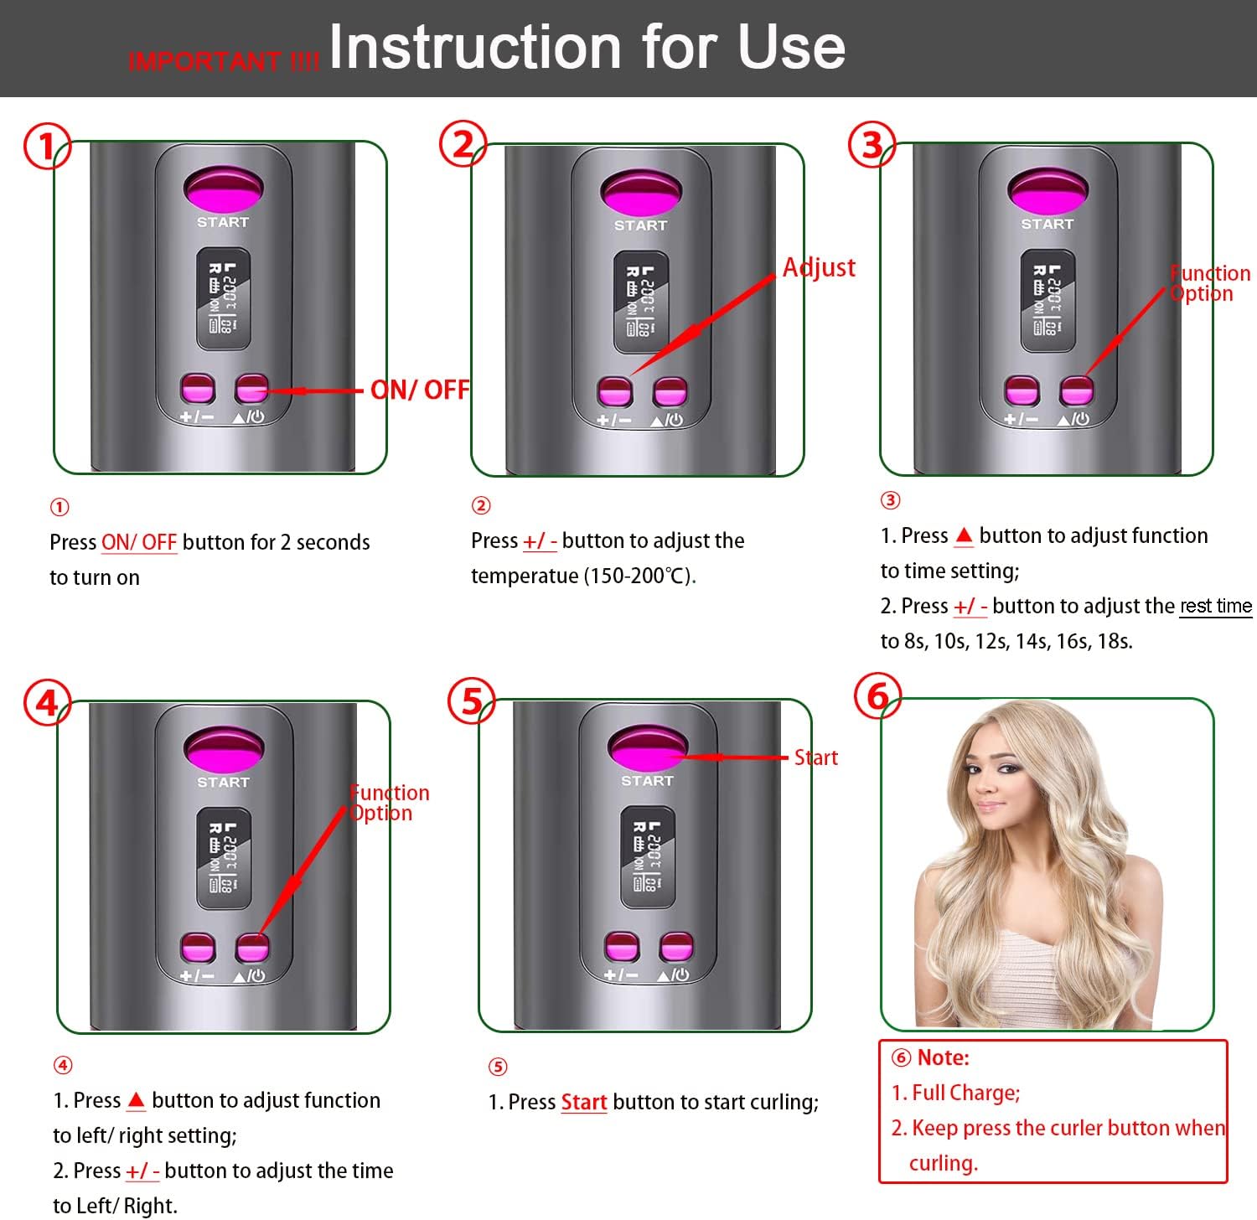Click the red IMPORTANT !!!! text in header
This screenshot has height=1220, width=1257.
point(224,61)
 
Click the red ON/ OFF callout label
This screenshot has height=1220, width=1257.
point(420,390)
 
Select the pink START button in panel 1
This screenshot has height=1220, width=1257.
point(224,188)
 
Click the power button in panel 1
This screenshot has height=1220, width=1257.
point(251,389)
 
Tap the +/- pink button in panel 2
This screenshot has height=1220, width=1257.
point(614,391)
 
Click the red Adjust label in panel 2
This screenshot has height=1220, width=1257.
point(819,267)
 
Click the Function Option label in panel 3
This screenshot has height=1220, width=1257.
point(1208,283)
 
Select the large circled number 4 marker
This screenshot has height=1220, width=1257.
point(47,702)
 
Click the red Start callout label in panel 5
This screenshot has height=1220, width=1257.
point(815,757)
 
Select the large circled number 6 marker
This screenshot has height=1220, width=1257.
point(877,696)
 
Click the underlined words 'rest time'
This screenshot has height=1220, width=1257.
point(1215,606)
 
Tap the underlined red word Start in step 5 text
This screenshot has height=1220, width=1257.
point(583,1102)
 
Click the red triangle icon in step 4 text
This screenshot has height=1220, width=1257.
point(137,1099)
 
